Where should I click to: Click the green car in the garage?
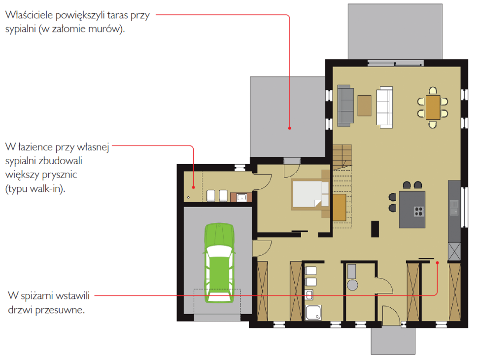[x=219, y=263]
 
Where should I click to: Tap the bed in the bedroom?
[x=310, y=194]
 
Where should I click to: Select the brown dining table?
[x=433, y=108]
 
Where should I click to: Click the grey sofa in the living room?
[x=345, y=106]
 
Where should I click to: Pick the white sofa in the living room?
[x=384, y=107]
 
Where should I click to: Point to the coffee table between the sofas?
[x=364, y=106]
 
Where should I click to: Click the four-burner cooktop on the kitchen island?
[x=419, y=211]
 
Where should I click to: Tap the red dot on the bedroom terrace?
[x=290, y=128]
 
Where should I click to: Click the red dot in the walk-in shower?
[x=193, y=187]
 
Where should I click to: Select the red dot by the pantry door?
[x=437, y=263]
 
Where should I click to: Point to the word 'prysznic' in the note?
[x=59, y=175]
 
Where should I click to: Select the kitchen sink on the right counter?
[x=454, y=208]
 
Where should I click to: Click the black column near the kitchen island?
[x=375, y=229]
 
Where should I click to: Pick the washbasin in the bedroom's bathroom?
[x=241, y=197]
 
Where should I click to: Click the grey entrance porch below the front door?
[x=393, y=341]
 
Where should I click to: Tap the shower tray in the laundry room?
[x=313, y=312]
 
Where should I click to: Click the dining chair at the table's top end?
[x=433, y=91]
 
